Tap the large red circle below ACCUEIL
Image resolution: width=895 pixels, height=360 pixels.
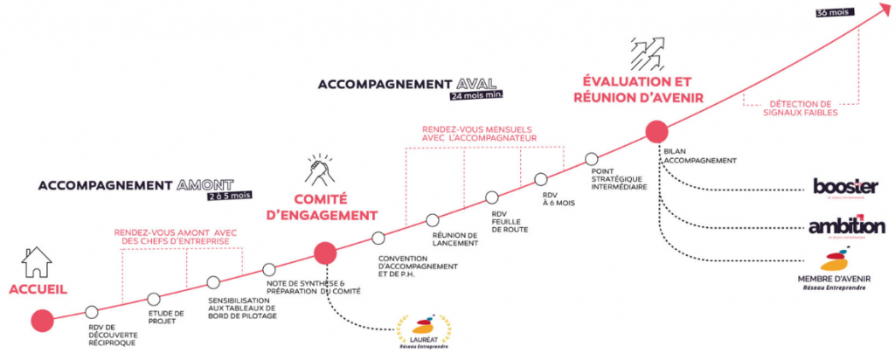coord(41,321)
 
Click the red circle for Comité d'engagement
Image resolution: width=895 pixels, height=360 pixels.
coord(325,253)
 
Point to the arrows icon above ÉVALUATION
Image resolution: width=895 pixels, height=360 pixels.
coord(647,54)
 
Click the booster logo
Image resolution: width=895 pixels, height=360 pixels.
coord(844,188)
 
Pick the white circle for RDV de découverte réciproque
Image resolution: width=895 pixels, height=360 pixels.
coord(94,311)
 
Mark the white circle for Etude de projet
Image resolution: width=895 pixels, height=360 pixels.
coord(154,299)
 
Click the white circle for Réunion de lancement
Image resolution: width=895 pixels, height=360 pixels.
coord(432,219)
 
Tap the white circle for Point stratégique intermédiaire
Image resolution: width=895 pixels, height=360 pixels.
coord(592,160)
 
